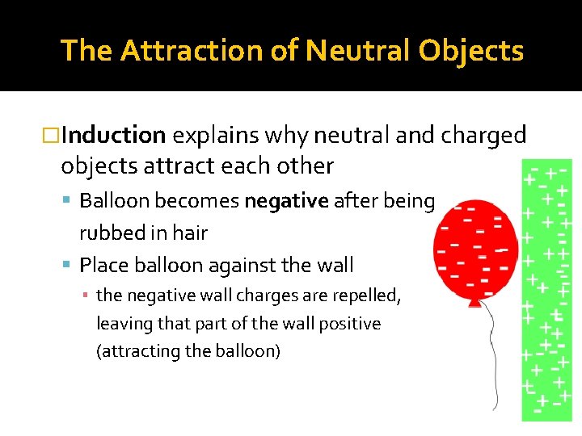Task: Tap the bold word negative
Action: pyautogui.click(x=280, y=201)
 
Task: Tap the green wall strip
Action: pyautogui.click(x=546, y=291)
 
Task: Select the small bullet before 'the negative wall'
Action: pyautogui.click(x=86, y=296)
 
